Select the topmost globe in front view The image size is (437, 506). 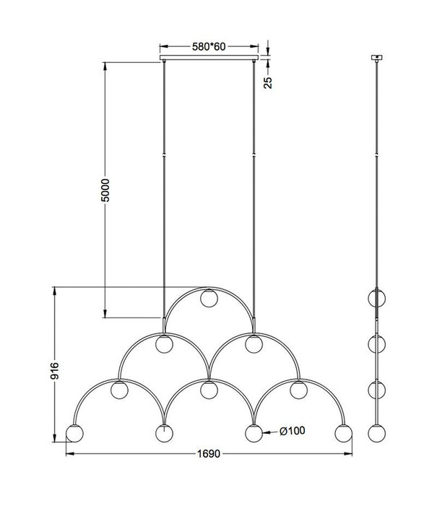click(210, 297)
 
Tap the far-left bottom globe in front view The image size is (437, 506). click(74, 434)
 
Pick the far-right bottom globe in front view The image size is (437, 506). click(344, 434)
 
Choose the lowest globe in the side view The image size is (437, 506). click(376, 434)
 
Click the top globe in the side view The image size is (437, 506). click(376, 297)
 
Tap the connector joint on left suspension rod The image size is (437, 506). click(165, 154)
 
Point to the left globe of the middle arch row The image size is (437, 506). click(165, 343)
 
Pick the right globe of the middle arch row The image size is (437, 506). click(252, 343)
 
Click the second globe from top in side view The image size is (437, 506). click(376, 343)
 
